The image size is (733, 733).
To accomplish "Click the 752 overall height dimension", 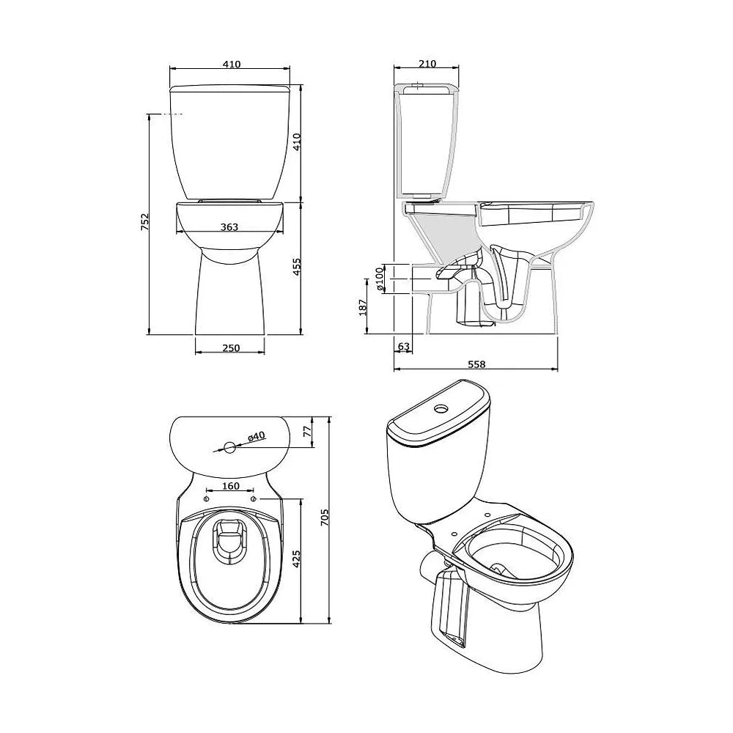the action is point(145,222).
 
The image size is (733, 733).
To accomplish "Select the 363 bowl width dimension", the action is point(229,226).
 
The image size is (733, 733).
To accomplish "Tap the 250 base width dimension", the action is point(231,347).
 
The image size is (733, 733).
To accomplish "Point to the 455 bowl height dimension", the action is point(297,267).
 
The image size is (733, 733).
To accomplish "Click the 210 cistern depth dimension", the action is point(427,63).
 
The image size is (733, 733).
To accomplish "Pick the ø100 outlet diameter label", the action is point(379,279).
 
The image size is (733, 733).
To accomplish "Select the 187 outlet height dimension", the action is point(363,307).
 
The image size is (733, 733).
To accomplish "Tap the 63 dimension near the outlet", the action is point(403,347).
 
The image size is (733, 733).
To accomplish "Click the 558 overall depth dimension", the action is point(476,364).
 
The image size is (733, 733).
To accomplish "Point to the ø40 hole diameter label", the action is point(256,437).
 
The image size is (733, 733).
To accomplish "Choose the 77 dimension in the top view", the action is point(307,432).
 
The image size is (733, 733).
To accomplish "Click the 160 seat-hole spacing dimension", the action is point(230,486).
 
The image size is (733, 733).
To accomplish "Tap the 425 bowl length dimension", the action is point(296,559).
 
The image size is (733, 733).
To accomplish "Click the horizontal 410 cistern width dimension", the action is point(232,64).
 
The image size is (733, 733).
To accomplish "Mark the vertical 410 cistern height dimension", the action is point(297,142).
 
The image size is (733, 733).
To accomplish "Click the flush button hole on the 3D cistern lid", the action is point(441,408).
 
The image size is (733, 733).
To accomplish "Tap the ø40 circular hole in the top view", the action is point(229,447).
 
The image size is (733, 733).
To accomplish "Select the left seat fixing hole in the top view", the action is point(206,500).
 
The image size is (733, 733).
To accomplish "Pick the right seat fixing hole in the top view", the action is point(254,500).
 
